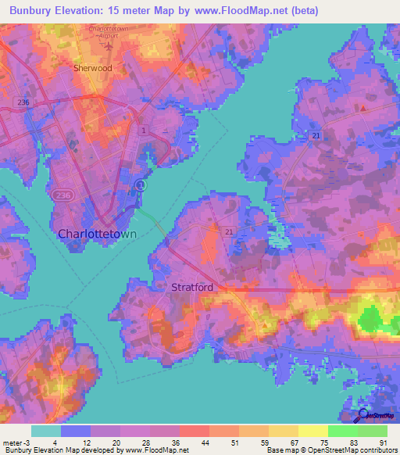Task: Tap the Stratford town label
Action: tap(192, 288)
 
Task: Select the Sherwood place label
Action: tap(92, 68)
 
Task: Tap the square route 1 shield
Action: tap(143, 130)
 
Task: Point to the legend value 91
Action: tap(383, 442)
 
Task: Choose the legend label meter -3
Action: tap(16, 442)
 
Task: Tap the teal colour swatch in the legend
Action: tap(45, 431)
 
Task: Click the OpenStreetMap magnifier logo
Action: tap(362, 416)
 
